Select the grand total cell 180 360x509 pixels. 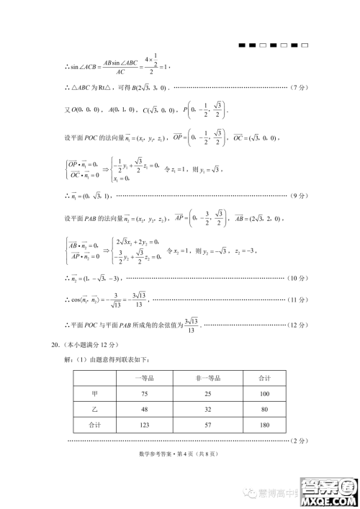tap(264, 425)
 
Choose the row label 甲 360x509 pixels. tap(94, 394)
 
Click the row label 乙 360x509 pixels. tap(94, 410)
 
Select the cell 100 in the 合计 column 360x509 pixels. tap(264, 394)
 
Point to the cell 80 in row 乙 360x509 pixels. tap(264, 410)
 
